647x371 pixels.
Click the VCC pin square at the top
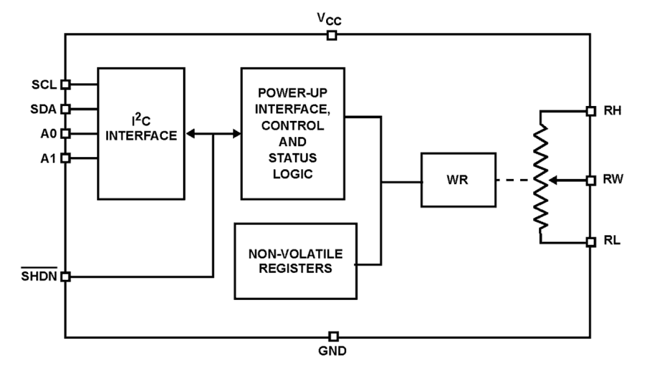coord(332,36)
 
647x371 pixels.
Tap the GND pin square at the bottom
coord(333,337)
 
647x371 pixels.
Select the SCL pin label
coord(45,84)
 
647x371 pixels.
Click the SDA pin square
coord(65,109)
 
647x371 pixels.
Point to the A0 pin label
coord(49,134)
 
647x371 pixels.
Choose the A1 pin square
coord(65,158)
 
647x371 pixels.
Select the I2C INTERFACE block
coord(141,133)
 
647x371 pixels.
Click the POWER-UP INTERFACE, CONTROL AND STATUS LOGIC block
coord(293,133)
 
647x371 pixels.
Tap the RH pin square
coord(591,111)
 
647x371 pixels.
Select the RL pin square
coord(591,242)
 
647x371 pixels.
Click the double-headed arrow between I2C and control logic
coord(213,134)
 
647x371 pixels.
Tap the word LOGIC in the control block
coord(293,174)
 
